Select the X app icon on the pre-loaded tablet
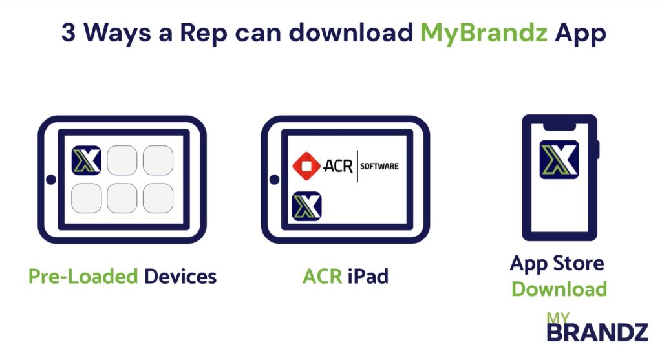pyautogui.click(x=86, y=160)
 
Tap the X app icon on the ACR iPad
pyautogui.click(x=306, y=206)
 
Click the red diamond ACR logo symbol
pyautogui.click(x=305, y=166)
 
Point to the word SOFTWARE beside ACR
pyautogui.click(x=379, y=166)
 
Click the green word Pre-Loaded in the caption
pyautogui.click(x=83, y=277)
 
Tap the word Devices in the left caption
pyautogui.click(x=180, y=277)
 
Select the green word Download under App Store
pyautogui.click(x=559, y=289)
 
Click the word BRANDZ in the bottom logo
pyautogui.click(x=597, y=333)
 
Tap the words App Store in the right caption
pyautogui.click(x=557, y=264)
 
